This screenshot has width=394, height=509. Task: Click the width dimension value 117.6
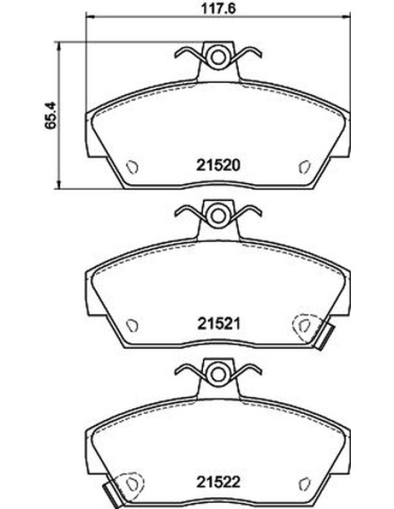(218, 8)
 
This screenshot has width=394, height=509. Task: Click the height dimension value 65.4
(51, 116)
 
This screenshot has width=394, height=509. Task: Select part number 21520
(218, 165)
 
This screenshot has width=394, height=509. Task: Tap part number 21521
(219, 324)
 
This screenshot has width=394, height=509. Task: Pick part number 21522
(218, 482)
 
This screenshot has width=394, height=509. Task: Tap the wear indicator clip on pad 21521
(325, 338)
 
